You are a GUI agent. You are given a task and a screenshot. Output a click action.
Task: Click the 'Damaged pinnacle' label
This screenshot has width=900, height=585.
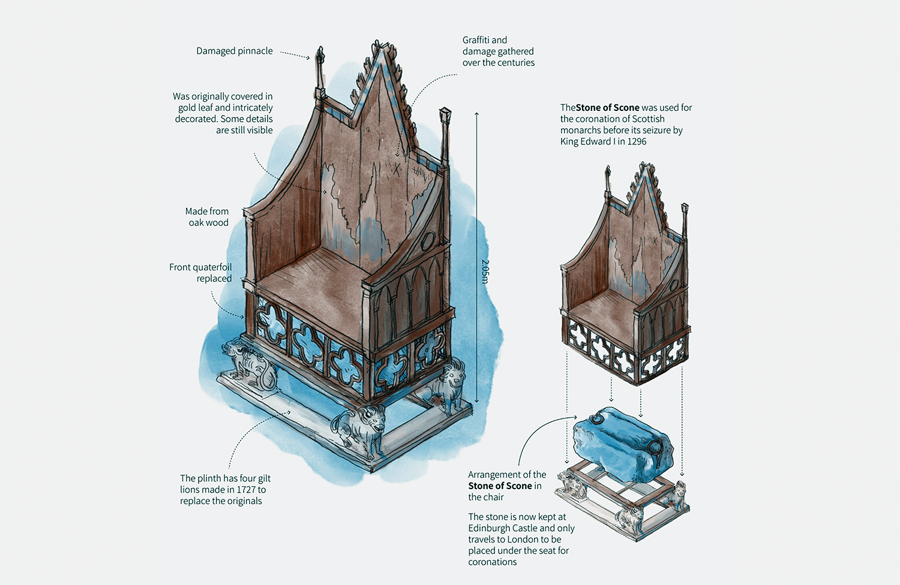[x=234, y=51]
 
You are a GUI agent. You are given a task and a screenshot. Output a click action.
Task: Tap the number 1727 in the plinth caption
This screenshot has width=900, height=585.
[x=247, y=490]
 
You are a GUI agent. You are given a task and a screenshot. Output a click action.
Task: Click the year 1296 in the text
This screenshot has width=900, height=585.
[x=637, y=141]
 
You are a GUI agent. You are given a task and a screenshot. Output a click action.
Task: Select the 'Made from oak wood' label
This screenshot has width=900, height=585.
[x=207, y=217]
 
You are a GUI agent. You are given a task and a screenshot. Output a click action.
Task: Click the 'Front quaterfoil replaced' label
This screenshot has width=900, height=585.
[x=200, y=273]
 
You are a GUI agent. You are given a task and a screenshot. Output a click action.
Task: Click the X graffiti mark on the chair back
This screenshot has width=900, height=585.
[x=396, y=170]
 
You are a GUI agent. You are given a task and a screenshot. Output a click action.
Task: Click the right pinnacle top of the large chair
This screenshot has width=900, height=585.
[x=445, y=113]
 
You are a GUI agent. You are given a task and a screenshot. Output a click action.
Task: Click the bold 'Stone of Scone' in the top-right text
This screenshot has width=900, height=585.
[x=607, y=108]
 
